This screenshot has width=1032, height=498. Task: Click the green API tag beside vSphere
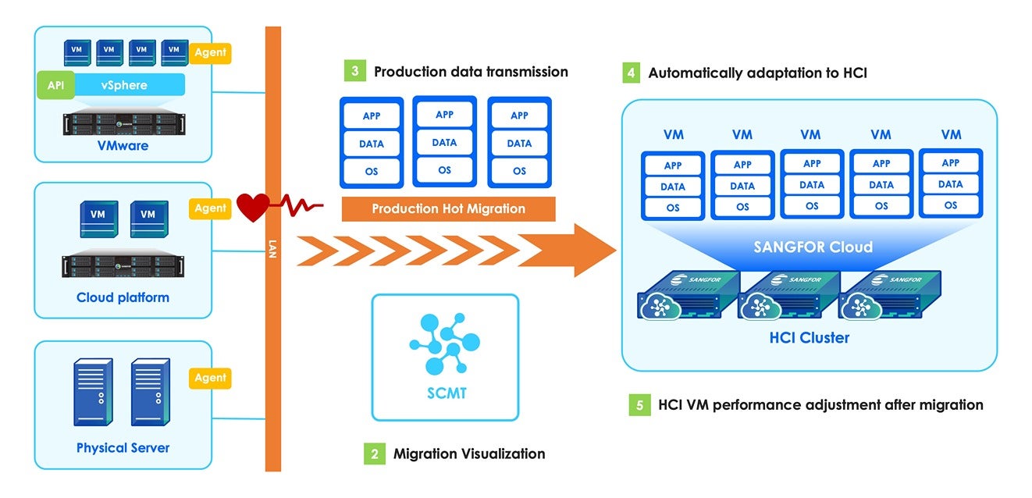tap(55, 85)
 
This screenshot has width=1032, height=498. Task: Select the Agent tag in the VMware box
tap(210, 53)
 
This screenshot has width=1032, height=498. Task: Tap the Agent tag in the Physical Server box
tap(210, 379)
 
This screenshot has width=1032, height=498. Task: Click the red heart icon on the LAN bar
tap(254, 207)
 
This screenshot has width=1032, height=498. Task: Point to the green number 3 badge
tap(354, 71)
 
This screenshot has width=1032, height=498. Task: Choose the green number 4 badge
tap(630, 73)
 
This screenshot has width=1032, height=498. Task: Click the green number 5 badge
tap(639, 405)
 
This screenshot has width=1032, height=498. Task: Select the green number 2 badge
tap(374, 454)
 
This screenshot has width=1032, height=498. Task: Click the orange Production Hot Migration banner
tap(448, 209)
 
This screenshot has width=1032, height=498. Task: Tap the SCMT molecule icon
tap(444, 344)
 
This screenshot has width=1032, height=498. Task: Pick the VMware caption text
tap(123, 145)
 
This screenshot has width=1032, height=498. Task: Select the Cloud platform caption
tap(123, 297)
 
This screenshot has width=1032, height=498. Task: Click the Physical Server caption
tap(123, 448)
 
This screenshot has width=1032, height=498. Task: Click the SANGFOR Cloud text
tap(813, 247)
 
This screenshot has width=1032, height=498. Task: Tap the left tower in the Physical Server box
tap(93, 392)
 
